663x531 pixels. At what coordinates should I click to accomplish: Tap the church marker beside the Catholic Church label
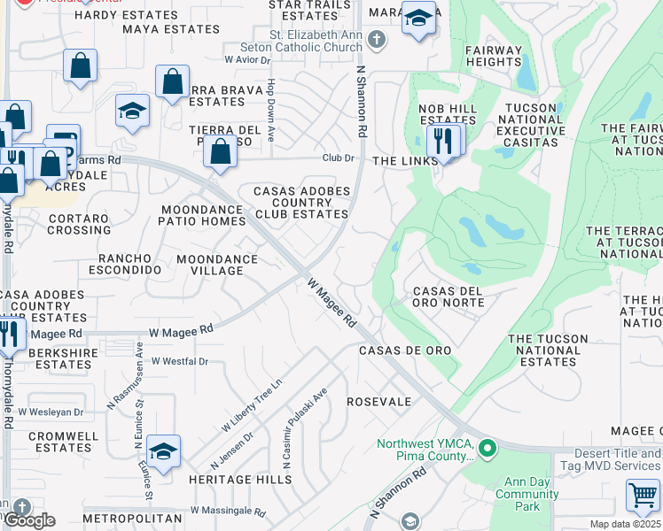coord(377,40)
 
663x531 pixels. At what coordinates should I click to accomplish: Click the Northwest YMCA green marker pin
coord(486,449)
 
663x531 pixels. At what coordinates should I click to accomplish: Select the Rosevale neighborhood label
coord(378,402)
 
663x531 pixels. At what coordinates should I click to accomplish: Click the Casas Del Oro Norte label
coord(448,296)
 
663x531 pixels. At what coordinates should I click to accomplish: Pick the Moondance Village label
coord(216,265)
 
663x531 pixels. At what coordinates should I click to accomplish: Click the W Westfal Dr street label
coord(179,361)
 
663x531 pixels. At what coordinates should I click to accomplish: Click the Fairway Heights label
coord(493,57)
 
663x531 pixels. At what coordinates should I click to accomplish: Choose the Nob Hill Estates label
coord(448,114)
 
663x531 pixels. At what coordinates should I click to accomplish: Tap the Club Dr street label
coord(338,158)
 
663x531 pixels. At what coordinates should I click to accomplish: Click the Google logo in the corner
coord(30,520)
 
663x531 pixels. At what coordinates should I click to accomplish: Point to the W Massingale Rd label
coord(222,512)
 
